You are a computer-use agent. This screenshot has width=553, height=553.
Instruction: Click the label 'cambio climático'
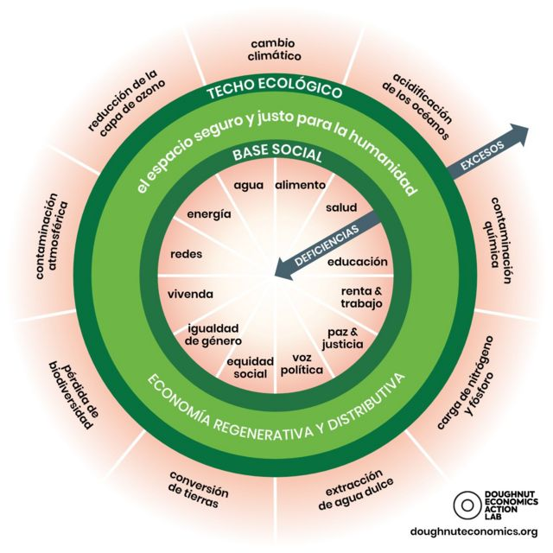click(x=276, y=49)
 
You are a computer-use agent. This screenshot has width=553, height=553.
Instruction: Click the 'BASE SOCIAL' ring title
click(x=276, y=156)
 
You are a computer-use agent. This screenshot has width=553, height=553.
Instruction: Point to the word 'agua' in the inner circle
click(x=249, y=185)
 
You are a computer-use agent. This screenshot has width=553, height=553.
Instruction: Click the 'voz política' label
click(x=302, y=364)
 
